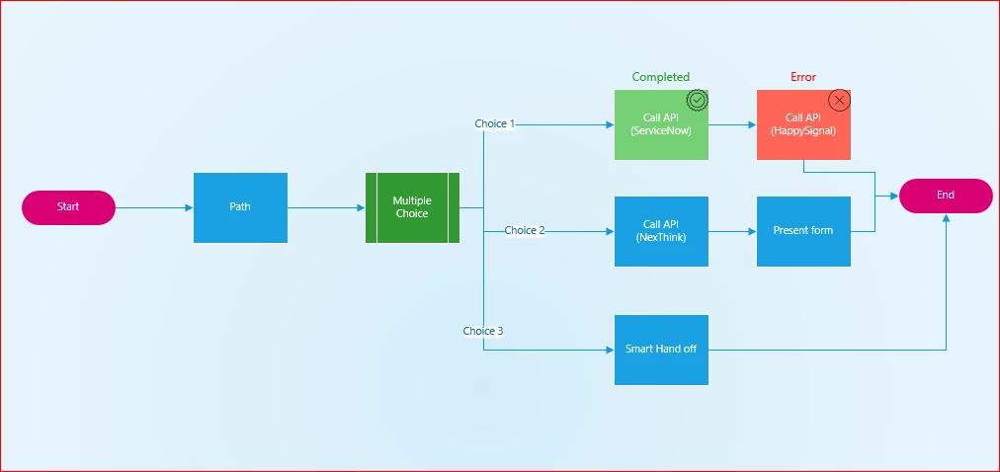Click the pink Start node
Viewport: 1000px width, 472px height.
pos(68,207)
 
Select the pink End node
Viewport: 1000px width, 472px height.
pos(946,196)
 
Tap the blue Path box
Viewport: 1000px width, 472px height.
pos(240,207)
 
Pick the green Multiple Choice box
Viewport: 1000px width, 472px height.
pos(413,207)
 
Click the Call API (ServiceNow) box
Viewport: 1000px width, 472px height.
pos(661,124)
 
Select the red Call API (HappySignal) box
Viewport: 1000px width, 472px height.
pos(803,124)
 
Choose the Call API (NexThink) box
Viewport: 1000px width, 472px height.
pos(661,231)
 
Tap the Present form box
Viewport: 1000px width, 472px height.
pos(803,231)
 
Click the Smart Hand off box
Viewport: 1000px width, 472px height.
pos(661,350)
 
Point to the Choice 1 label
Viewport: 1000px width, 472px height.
pos(494,123)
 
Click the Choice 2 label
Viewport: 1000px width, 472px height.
pos(525,231)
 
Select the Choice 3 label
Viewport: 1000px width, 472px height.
pos(483,331)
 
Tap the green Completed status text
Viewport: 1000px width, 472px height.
pos(661,77)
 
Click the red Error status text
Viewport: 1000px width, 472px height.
pos(803,77)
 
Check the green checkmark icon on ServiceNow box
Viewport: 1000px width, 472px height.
pos(698,100)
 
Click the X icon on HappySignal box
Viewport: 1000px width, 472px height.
pos(839,100)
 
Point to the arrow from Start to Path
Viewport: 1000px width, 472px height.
pos(154,207)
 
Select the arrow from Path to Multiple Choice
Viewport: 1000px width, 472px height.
pos(326,207)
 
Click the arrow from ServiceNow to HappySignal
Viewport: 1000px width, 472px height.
pos(733,124)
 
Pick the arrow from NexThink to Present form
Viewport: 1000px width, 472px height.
pos(733,231)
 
